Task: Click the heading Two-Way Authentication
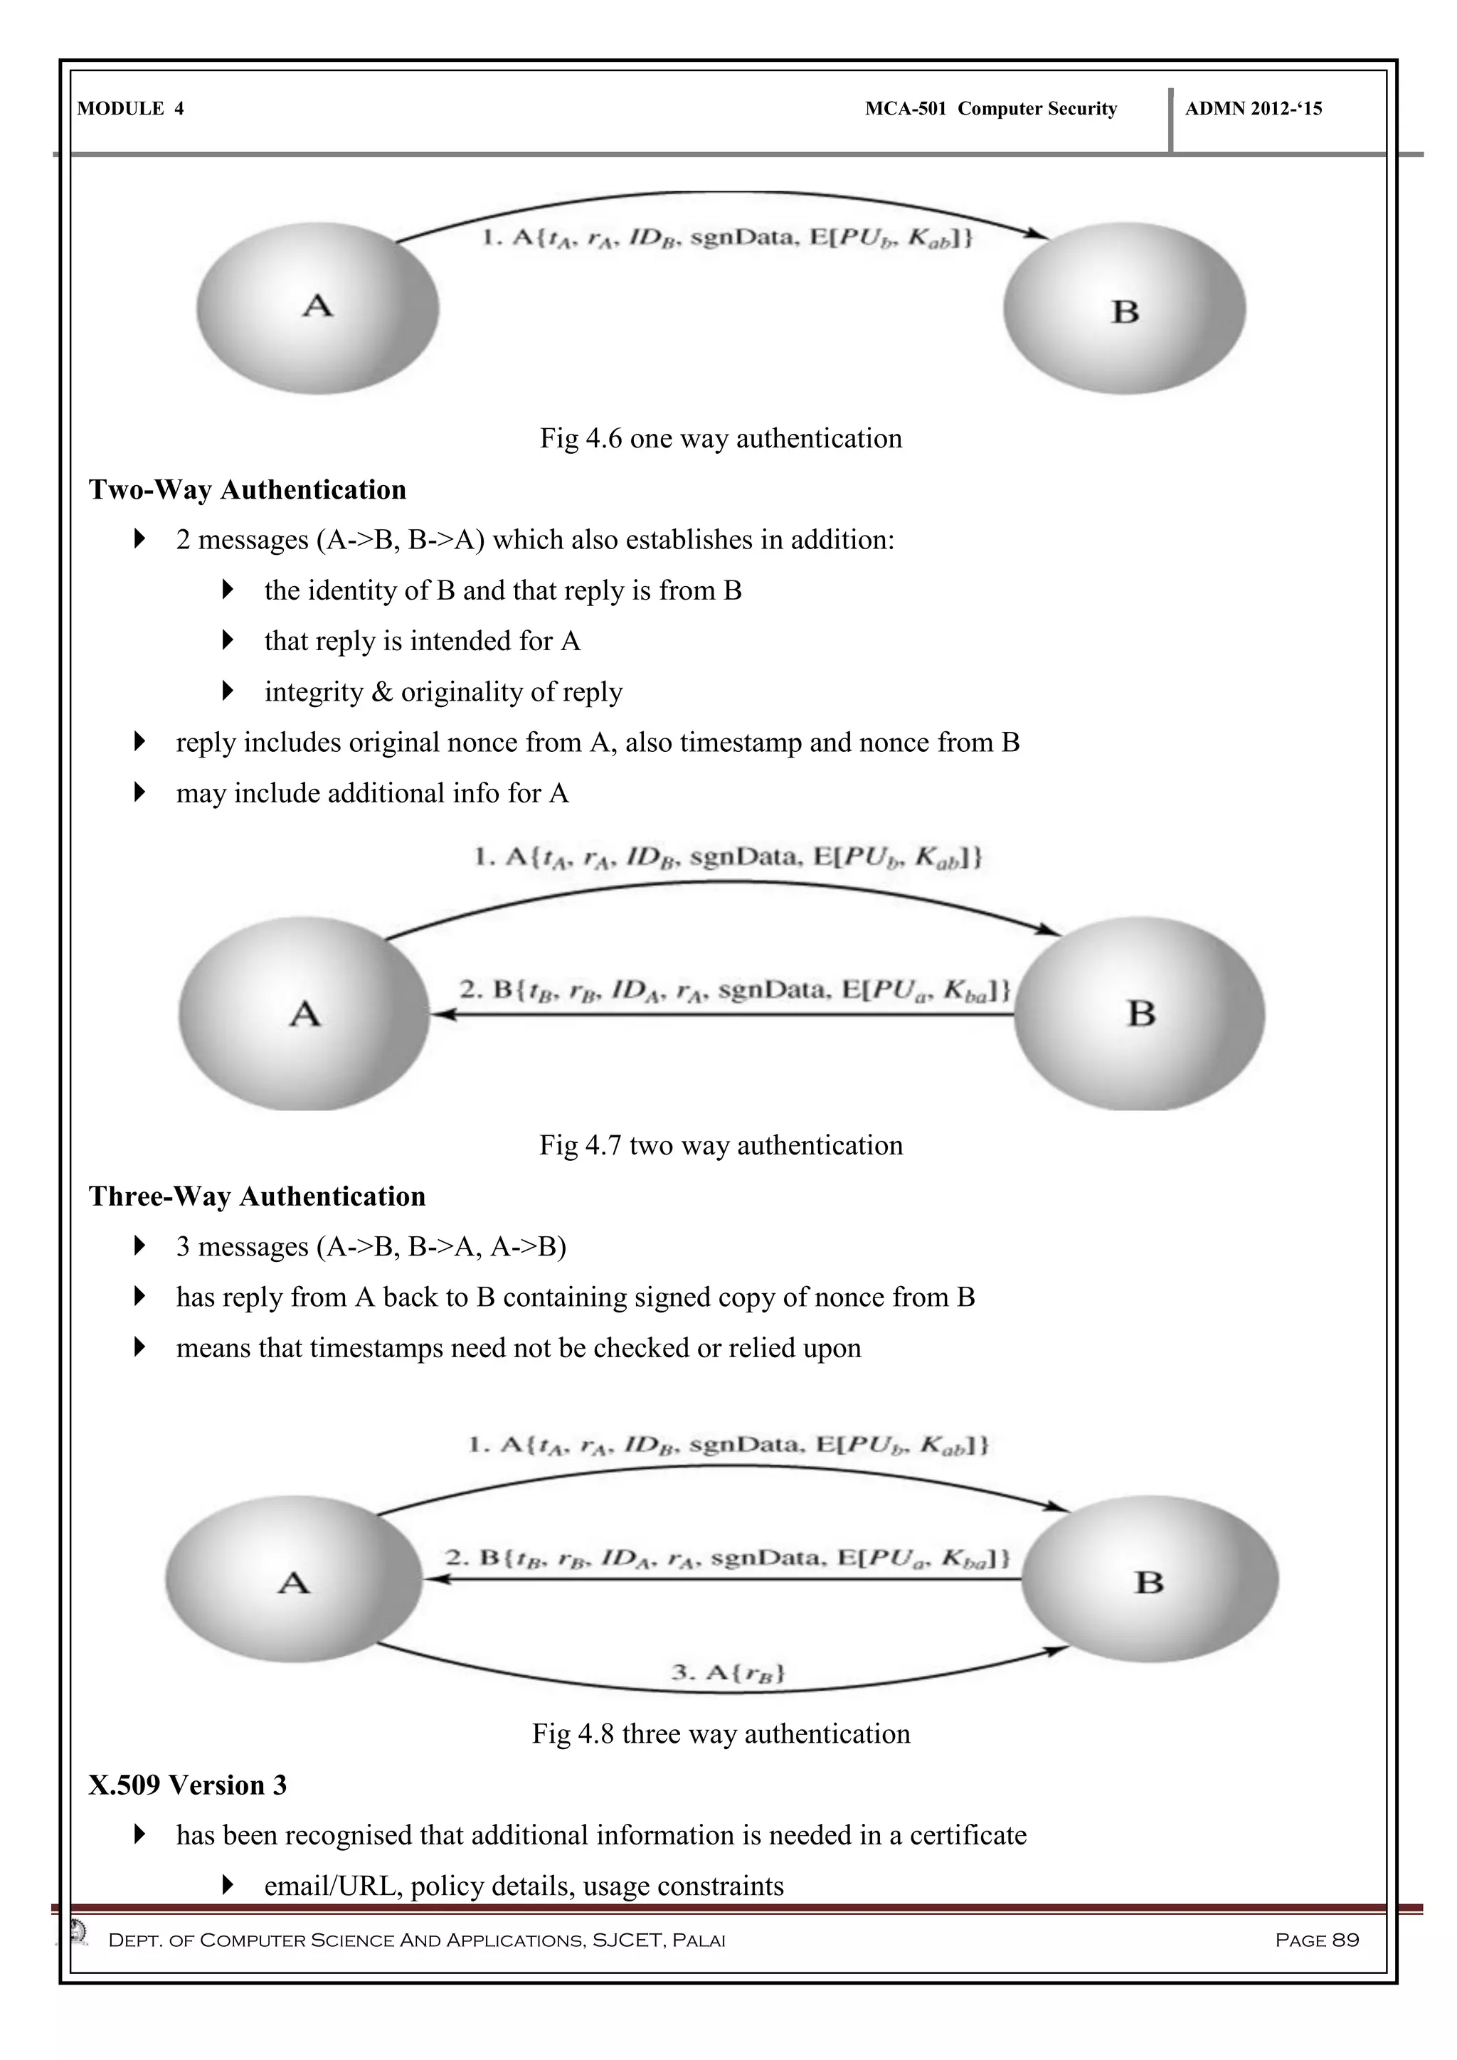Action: pyautogui.click(x=247, y=490)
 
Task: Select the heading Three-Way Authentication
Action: pyautogui.click(x=257, y=1197)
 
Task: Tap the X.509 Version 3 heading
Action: pyautogui.click(x=188, y=1785)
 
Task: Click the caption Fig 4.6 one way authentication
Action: pyautogui.click(x=721, y=439)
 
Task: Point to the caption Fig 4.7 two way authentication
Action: pyautogui.click(x=721, y=1146)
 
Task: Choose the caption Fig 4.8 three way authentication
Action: pyautogui.click(x=721, y=1734)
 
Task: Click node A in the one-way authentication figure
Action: pyautogui.click(x=317, y=308)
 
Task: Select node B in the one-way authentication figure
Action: pyautogui.click(x=1124, y=309)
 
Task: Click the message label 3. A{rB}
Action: pyautogui.click(x=728, y=1672)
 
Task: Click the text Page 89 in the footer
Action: pyautogui.click(x=1316, y=1940)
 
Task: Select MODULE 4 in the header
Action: pyautogui.click(x=131, y=110)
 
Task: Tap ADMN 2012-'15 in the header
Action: pyautogui.click(x=1254, y=110)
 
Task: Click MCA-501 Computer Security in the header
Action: pyautogui.click(x=990, y=110)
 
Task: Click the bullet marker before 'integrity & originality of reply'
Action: pyautogui.click(x=228, y=691)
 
